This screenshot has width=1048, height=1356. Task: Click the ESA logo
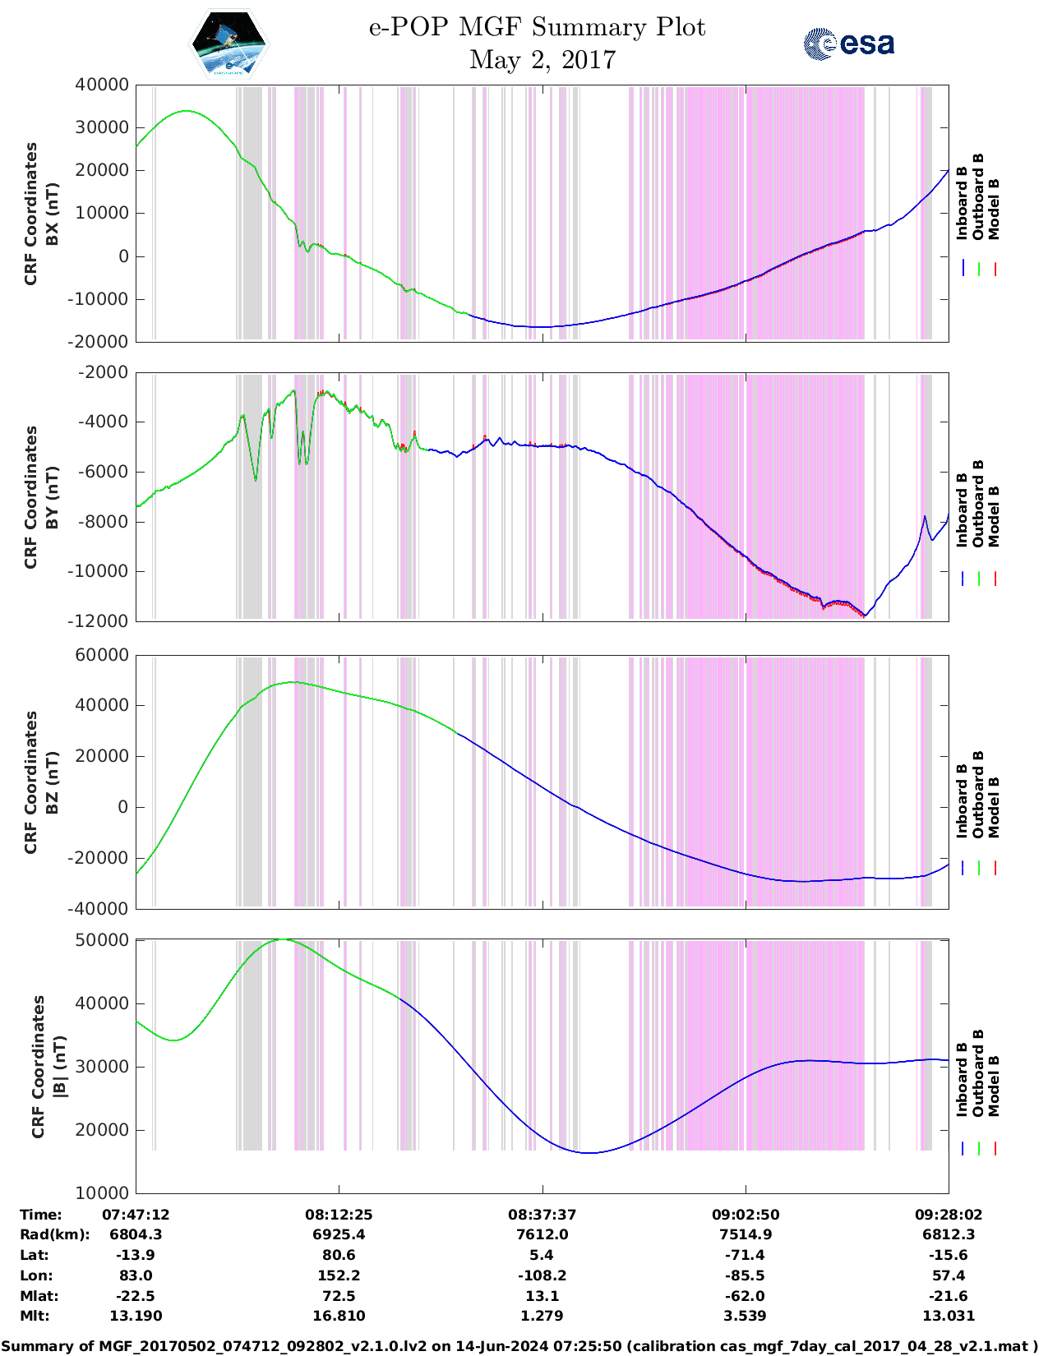[x=849, y=44]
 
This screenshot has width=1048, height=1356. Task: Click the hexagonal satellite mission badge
[x=229, y=44]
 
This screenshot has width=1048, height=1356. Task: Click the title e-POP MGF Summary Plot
[x=537, y=27]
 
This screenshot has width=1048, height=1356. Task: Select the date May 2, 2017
[x=542, y=60]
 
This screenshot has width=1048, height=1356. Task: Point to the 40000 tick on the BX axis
[x=102, y=85]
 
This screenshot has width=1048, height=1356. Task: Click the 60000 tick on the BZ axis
[x=102, y=655]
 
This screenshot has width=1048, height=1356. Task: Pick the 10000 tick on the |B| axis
[x=102, y=1193]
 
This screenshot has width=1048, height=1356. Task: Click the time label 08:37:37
[x=542, y=1215]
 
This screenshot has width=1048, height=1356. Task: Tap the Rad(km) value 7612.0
[x=542, y=1234]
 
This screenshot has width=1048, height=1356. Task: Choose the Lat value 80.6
[x=339, y=1255]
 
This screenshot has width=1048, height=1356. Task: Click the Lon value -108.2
[x=542, y=1275]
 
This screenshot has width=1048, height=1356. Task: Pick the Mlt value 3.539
[x=746, y=1316]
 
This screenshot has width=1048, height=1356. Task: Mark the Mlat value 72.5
[x=339, y=1296]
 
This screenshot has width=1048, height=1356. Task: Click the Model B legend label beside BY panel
[x=994, y=516]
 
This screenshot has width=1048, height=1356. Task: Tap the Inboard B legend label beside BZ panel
[x=963, y=800]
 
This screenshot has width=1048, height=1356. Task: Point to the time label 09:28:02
[x=949, y=1215]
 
